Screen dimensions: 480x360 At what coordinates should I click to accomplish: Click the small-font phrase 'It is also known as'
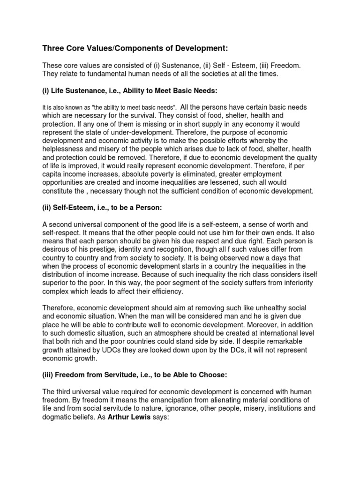pos(68,107)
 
